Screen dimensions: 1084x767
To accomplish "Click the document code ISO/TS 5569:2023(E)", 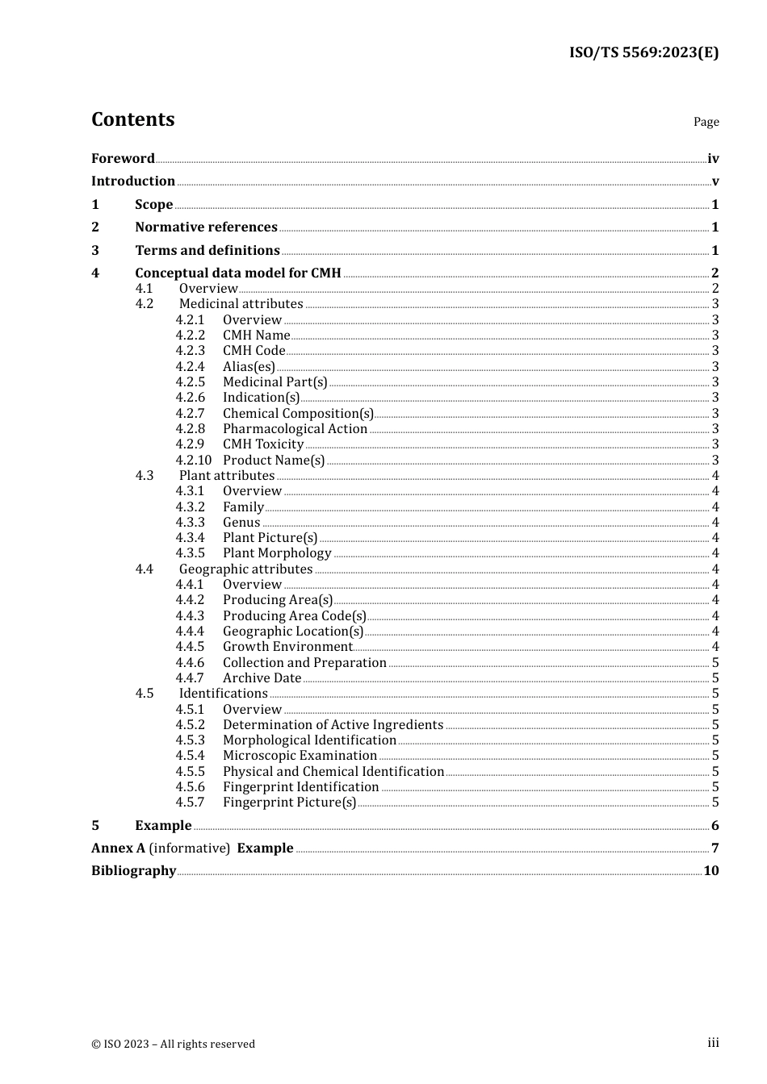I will pyautogui.click(x=643, y=52).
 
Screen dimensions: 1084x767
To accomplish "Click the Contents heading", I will pyautogui.click(x=132, y=119).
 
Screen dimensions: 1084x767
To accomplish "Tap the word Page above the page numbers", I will pyautogui.click(x=706, y=122).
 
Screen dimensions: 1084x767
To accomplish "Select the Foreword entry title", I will pyautogui.click(x=123, y=158).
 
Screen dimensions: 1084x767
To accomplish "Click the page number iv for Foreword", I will pyautogui.click(x=713, y=159).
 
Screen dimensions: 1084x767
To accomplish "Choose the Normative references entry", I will pyautogui.click(x=206, y=227).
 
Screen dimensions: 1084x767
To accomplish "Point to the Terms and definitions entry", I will pyautogui.click(x=207, y=250).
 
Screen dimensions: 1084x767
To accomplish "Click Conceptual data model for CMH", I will pyautogui.click(x=237, y=273).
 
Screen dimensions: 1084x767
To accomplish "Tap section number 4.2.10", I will pyautogui.click(x=193, y=461).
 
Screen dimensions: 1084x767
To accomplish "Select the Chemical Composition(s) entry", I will pyautogui.click(x=298, y=414).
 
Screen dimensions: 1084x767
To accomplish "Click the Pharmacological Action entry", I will pyautogui.click(x=295, y=429).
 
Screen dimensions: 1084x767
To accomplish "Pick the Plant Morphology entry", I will pyautogui.click(x=277, y=553).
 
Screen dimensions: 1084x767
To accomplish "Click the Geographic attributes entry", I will pyautogui.click(x=245, y=569).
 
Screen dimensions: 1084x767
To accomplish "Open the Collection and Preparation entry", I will pyautogui.click(x=304, y=663).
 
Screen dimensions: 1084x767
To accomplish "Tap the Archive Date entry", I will pyautogui.click(x=262, y=678).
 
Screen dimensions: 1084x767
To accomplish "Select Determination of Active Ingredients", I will pyautogui.click(x=333, y=725).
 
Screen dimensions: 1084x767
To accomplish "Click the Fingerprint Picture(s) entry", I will pyautogui.click(x=289, y=803).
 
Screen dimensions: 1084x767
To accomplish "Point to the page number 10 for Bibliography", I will pyautogui.click(x=710, y=871).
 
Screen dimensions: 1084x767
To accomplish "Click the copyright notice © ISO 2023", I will pyautogui.click(x=173, y=1044).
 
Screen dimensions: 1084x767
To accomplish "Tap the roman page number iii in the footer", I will pyautogui.click(x=713, y=1043).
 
